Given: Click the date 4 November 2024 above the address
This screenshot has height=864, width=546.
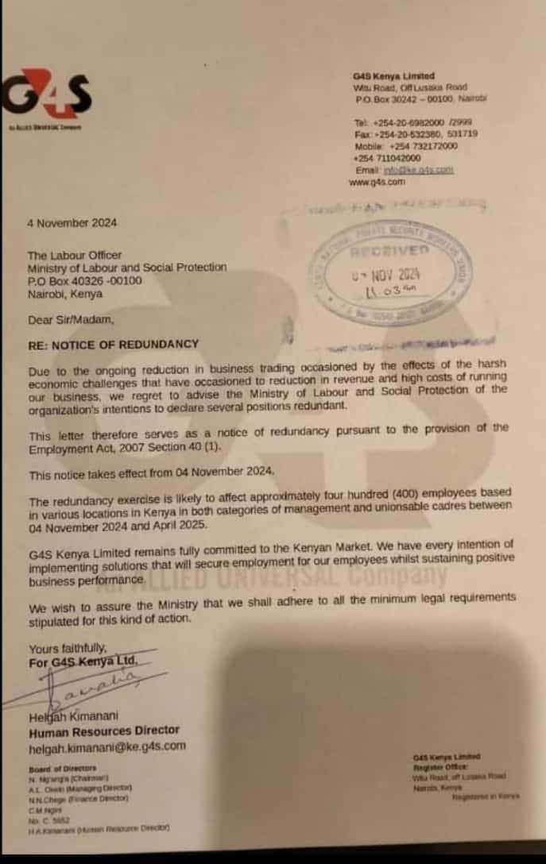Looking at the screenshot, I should pos(72,223).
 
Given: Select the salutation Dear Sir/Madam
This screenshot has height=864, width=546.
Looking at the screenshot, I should pos(72,320).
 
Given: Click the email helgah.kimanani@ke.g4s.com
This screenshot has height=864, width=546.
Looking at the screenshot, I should pos(107,746).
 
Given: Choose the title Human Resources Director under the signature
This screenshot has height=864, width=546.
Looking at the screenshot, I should pos(104,731).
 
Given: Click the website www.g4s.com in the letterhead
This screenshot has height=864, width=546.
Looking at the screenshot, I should pos(377,182).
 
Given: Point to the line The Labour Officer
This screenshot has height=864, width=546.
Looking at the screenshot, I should pos(75,256).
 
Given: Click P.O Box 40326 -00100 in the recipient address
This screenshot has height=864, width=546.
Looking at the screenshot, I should pos(85,280).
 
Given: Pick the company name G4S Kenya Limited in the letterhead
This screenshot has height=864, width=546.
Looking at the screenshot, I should pos(393,76).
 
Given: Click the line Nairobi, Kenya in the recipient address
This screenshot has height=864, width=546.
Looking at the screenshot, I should pos(65,293).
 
